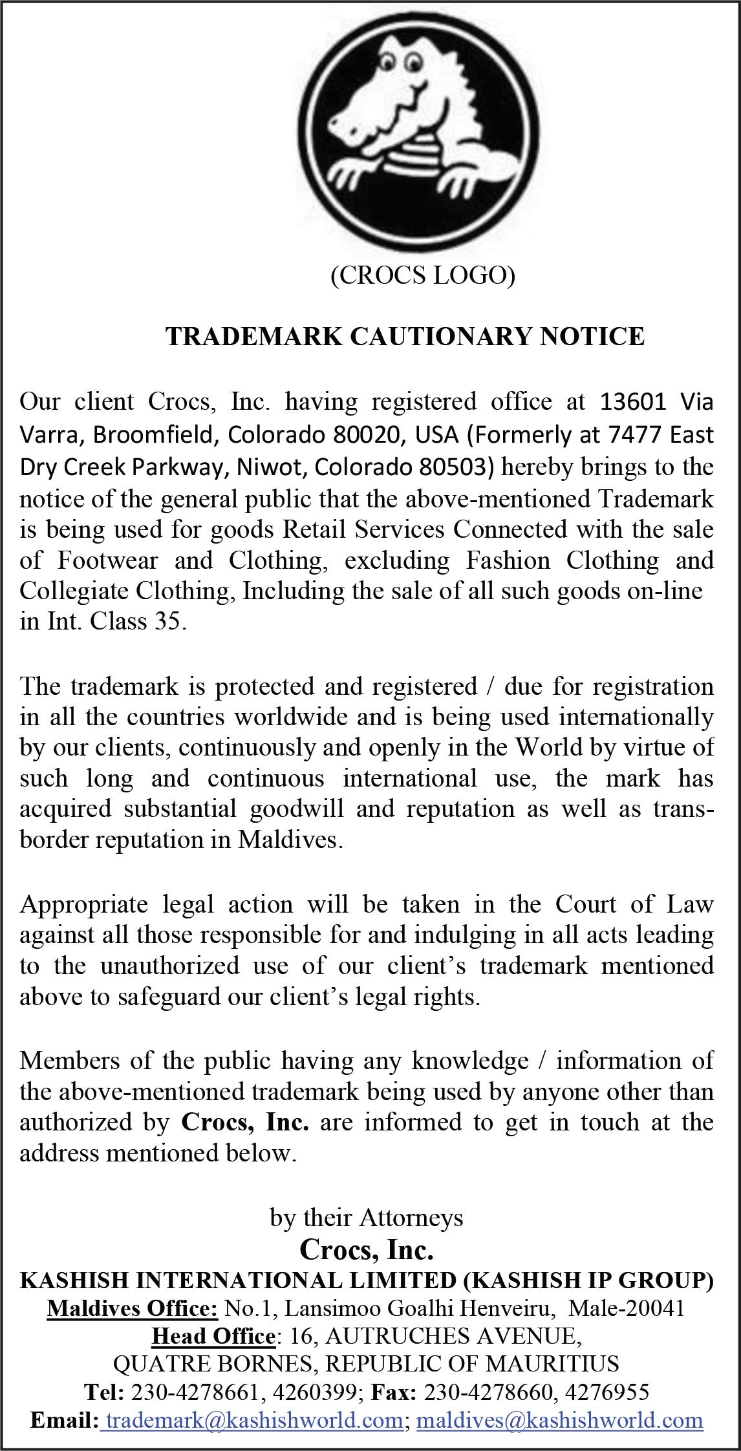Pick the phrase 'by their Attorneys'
366,1218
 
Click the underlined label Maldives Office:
132,1309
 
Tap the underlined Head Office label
213,1336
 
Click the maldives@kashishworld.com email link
559,1419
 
